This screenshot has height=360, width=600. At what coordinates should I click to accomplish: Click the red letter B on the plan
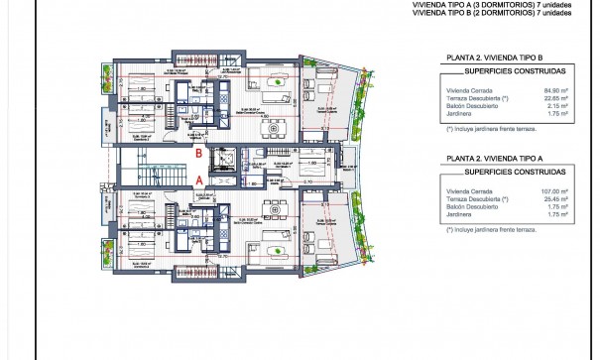[x=199, y=154]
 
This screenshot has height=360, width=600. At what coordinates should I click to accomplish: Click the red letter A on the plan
[x=199, y=180]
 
